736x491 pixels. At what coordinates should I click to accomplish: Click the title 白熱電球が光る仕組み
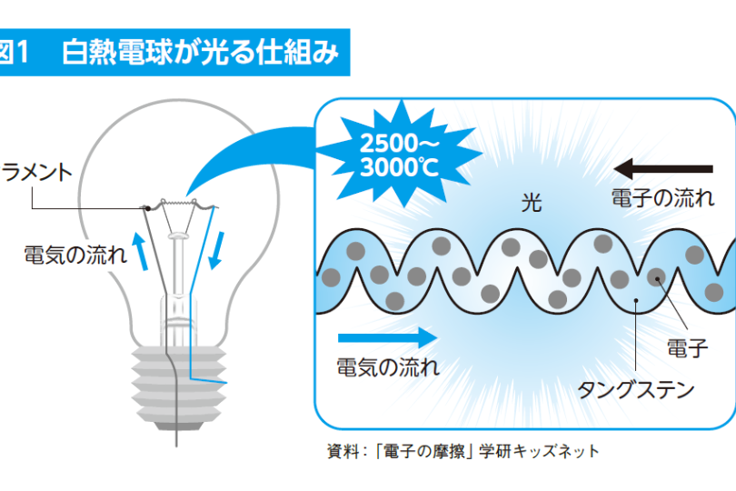point(200,52)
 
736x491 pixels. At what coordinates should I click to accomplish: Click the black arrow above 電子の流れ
point(663,169)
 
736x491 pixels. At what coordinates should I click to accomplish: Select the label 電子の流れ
point(662,198)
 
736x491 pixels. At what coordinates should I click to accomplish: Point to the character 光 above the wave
point(532,203)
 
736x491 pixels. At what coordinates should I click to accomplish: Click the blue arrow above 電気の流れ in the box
point(387,337)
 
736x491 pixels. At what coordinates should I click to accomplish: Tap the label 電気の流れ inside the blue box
point(388,367)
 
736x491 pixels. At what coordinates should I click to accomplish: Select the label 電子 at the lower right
point(687,348)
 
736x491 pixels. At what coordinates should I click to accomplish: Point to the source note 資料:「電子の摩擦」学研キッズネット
point(463,452)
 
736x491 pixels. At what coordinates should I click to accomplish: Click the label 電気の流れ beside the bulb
point(75,256)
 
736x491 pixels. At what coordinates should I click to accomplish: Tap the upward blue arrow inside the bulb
point(140,251)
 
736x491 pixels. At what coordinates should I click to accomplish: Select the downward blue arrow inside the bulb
point(216,250)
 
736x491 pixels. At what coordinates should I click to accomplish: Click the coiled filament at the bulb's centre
point(179,204)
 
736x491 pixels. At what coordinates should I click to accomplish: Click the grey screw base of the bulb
point(179,388)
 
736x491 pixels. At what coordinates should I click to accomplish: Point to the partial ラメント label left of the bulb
point(36,173)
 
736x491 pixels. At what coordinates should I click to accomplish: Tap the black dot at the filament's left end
point(147,208)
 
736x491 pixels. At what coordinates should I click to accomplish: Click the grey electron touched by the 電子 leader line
point(656,277)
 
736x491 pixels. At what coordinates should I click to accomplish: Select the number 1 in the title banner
point(22,52)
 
